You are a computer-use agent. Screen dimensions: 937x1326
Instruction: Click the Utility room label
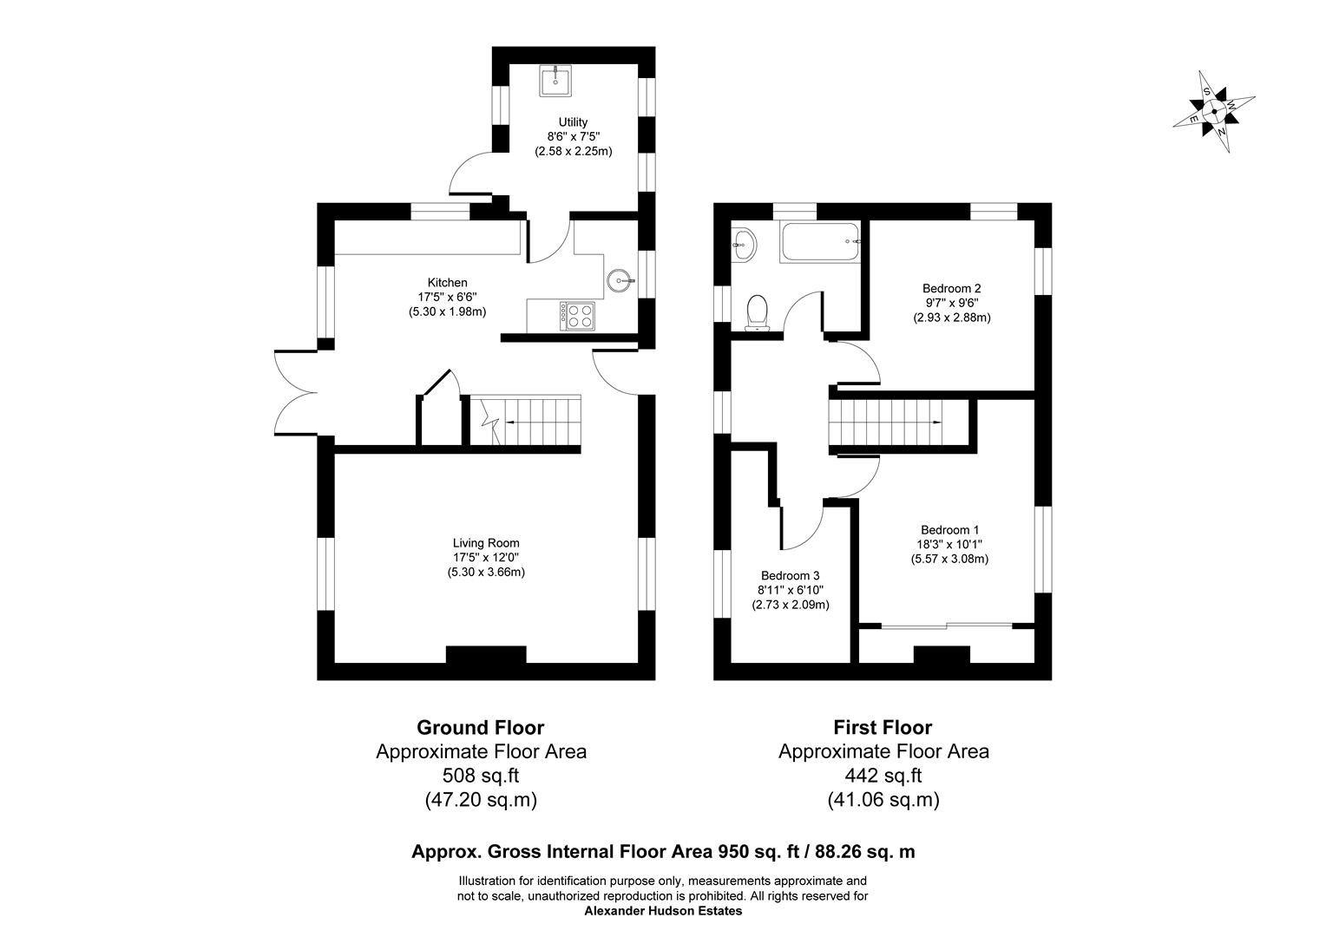573,122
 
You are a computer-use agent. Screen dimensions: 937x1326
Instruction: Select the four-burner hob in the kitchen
578,315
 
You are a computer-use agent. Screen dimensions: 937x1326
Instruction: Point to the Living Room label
486,543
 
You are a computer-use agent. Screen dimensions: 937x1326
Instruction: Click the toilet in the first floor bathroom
758,311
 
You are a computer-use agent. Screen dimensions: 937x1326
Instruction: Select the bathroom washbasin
743,245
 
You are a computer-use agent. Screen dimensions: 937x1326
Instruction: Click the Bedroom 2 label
951,288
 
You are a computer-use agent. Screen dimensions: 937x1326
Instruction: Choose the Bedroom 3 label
790,575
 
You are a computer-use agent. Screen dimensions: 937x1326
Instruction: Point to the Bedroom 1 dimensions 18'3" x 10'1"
950,544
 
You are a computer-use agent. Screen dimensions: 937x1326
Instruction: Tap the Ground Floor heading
480,727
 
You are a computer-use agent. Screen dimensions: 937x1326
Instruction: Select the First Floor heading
883,727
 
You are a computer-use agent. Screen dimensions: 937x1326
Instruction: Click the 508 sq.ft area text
480,776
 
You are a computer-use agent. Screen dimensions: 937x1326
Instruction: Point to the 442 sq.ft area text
883,776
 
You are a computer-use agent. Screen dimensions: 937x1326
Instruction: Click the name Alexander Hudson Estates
663,911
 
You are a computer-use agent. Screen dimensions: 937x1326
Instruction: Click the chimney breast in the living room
486,655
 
